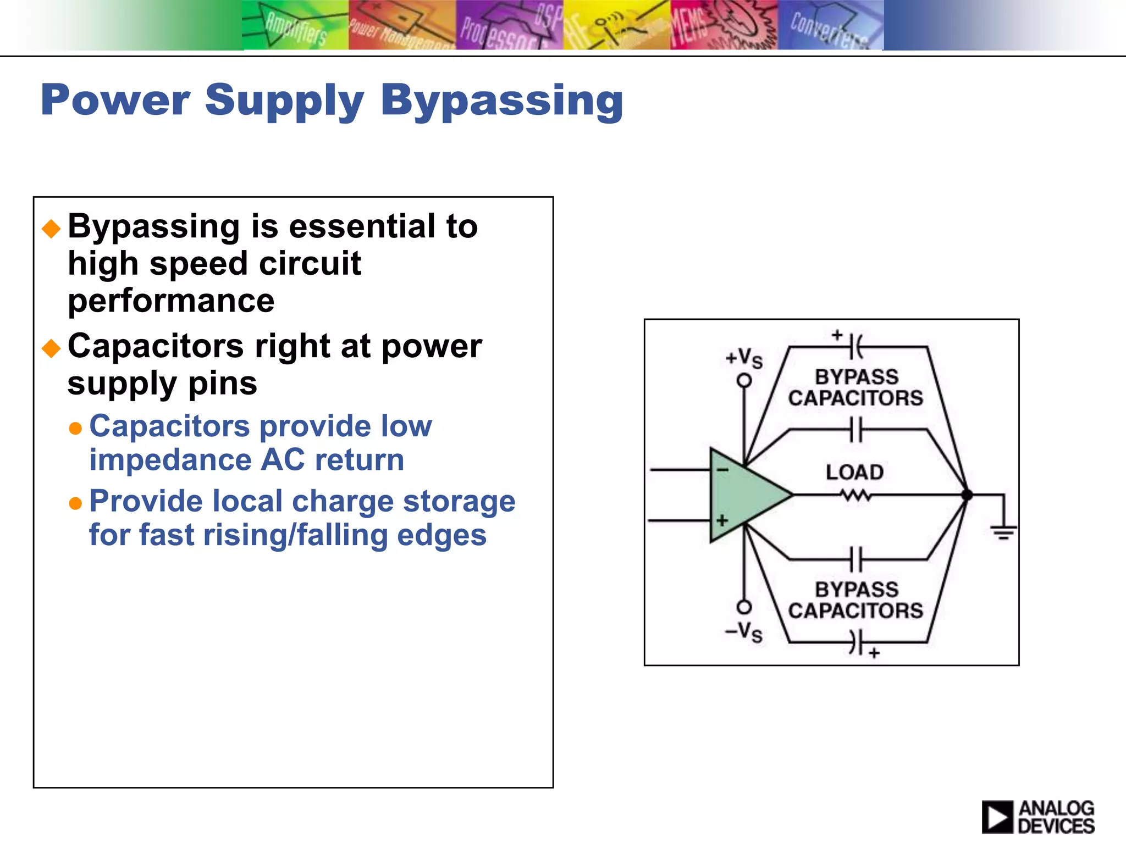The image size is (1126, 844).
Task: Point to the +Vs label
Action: pos(744,358)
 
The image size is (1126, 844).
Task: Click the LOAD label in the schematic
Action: pos(854,472)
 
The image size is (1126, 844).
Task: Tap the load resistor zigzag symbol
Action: pos(855,496)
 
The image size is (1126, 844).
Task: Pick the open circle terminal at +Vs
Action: pos(744,380)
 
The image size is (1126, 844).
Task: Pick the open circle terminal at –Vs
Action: pos(744,607)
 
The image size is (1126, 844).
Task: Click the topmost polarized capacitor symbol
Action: pos(855,347)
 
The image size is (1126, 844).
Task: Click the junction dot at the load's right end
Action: pos(967,495)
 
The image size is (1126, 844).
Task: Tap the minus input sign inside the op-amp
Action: pos(722,470)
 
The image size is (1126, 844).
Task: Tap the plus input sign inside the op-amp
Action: pos(722,520)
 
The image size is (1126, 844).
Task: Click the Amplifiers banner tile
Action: pos(295,25)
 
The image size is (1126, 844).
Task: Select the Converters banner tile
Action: pos(830,25)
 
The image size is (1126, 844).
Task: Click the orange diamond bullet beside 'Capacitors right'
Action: pos(51,348)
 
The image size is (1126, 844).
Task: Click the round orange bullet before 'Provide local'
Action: pos(75,503)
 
